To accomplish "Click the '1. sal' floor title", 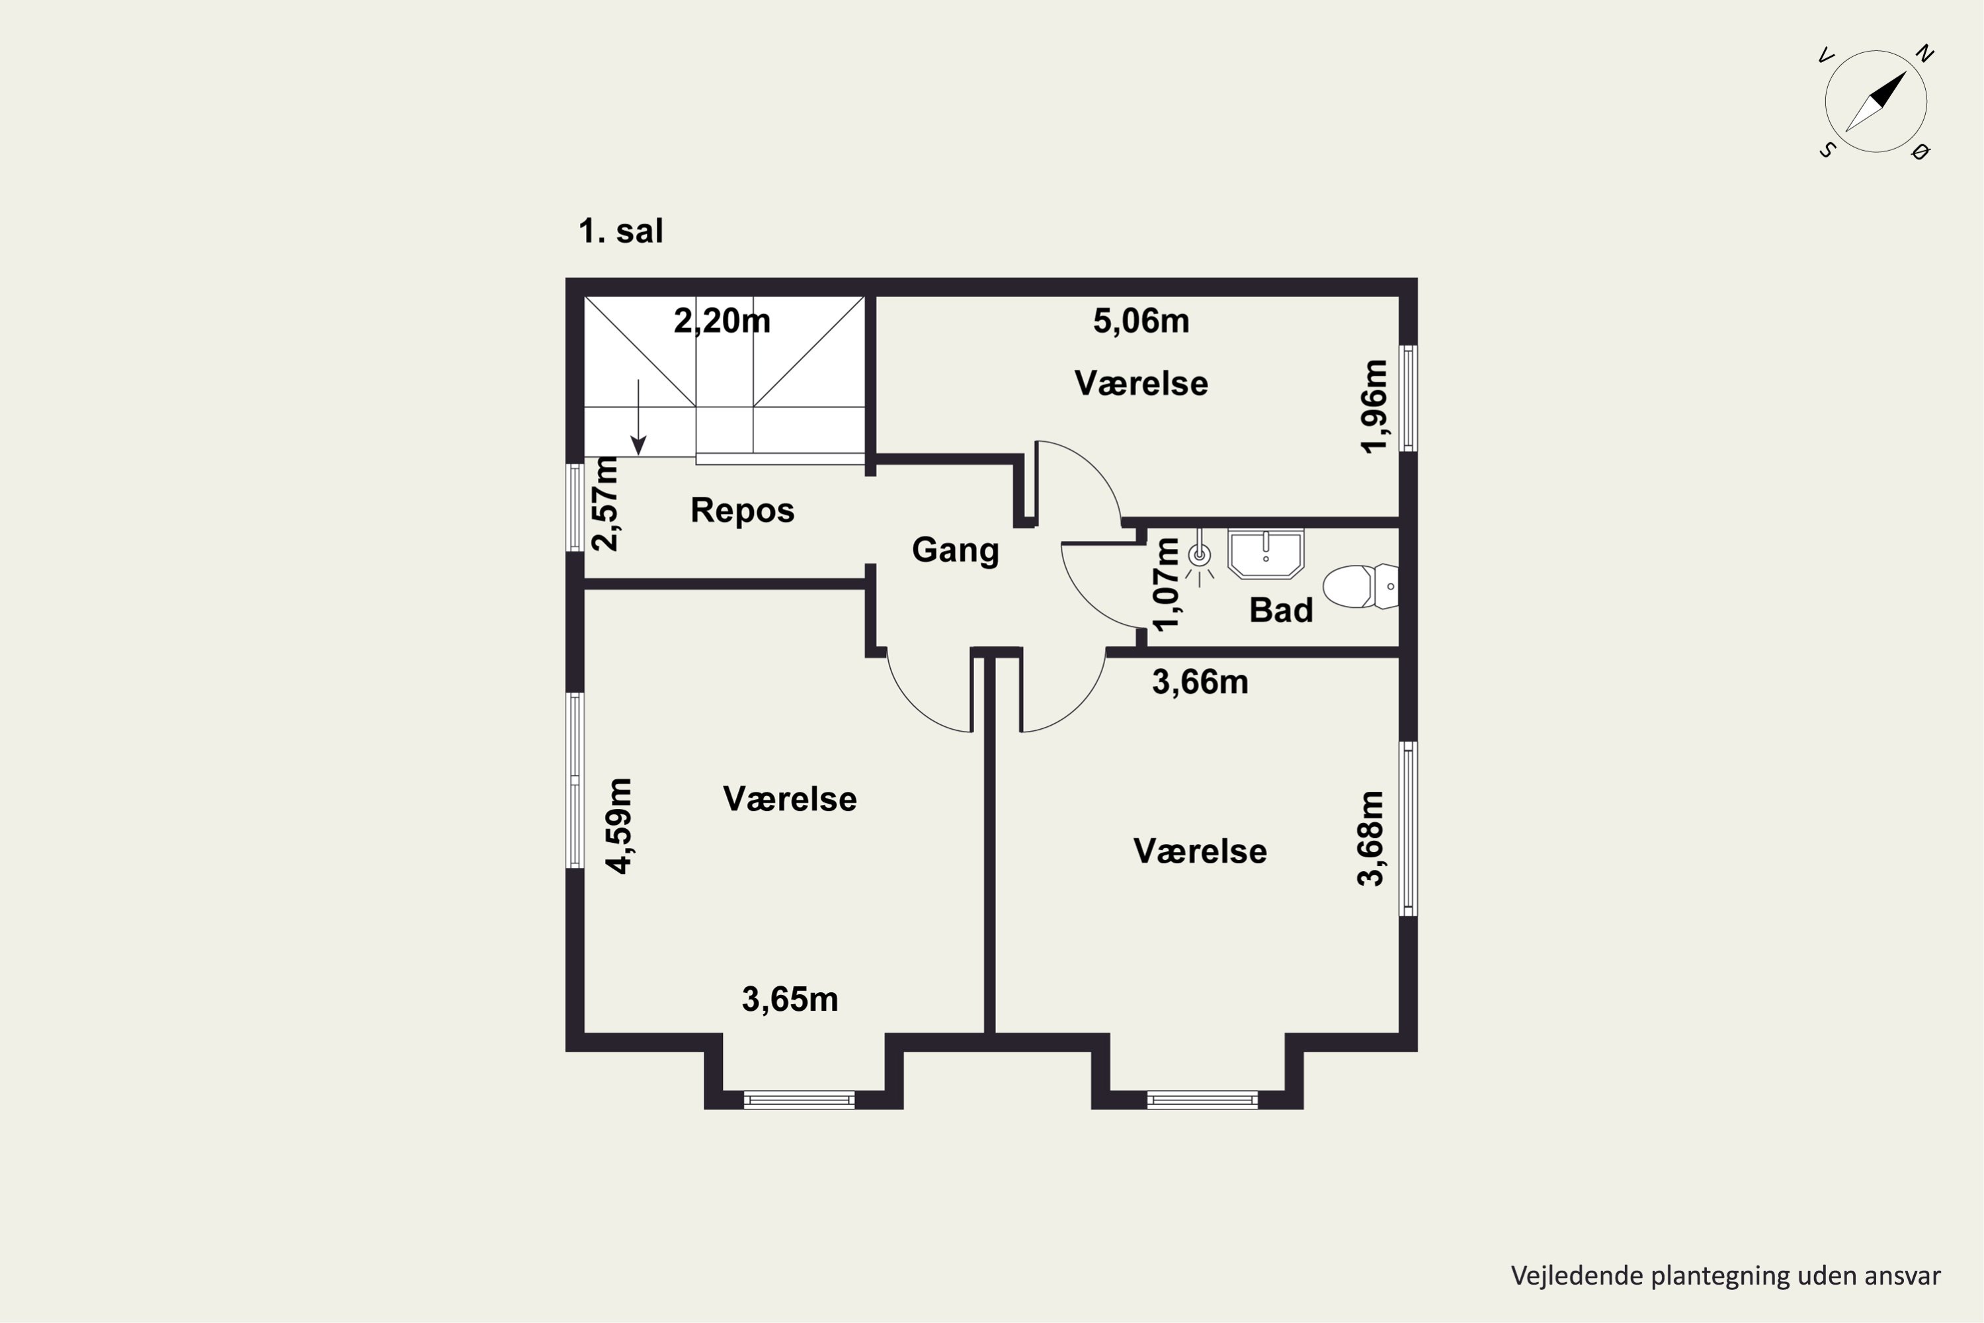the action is pyautogui.click(x=621, y=230).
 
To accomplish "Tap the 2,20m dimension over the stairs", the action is pyautogui.click(x=722, y=321).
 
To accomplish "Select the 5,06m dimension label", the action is pyautogui.click(x=1141, y=321).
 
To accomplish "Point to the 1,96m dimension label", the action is pyautogui.click(x=1374, y=407).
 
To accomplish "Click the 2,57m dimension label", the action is pyautogui.click(x=605, y=503).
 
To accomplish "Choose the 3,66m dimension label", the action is pyautogui.click(x=1200, y=682).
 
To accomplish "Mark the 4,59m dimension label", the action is pyautogui.click(x=618, y=826).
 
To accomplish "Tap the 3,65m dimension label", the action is pyautogui.click(x=790, y=1000).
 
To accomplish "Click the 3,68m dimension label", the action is pyautogui.click(x=1370, y=839).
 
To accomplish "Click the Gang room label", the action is pyautogui.click(x=956, y=550).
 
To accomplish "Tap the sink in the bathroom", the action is pyautogui.click(x=1265, y=554).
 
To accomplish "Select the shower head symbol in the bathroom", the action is pyautogui.click(x=1198, y=558).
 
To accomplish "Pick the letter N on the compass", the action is pyautogui.click(x=1924, y=54).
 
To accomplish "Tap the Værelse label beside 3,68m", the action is pyautogui.click(x=1200, y=851).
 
